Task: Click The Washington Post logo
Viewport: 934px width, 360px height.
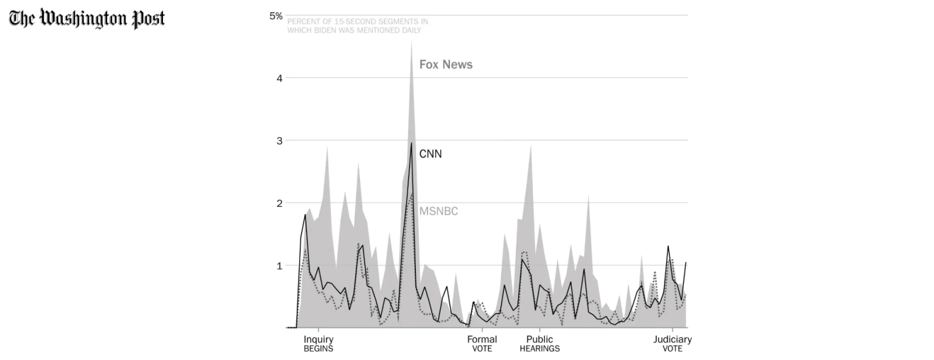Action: [87, 18]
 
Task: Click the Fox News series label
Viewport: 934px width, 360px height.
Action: [446, 65]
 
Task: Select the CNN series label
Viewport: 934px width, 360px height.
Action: [431, 154]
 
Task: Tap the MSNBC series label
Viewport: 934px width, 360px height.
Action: [438, 212]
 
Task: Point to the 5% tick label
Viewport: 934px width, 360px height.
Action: [276, 16]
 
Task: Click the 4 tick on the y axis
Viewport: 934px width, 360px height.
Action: [280, 78]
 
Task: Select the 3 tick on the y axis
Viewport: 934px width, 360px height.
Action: [280, 140]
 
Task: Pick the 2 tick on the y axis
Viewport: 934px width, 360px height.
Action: [280, 203]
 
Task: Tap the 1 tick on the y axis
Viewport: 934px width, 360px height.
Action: [280, 266]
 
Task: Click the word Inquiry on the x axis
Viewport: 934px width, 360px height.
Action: [319, 339]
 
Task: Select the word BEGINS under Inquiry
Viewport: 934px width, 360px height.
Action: [319, 349]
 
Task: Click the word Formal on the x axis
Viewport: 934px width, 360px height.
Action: [482, 339]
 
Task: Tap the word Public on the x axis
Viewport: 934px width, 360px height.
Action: [539, 339]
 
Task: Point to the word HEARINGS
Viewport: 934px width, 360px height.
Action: [539, 349]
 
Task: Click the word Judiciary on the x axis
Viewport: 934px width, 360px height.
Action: [673, 339]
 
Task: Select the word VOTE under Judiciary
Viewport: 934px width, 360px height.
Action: [673, 349]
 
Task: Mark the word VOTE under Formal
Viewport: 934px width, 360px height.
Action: [482, 349]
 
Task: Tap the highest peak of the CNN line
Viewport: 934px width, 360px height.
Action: [412, 143]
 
